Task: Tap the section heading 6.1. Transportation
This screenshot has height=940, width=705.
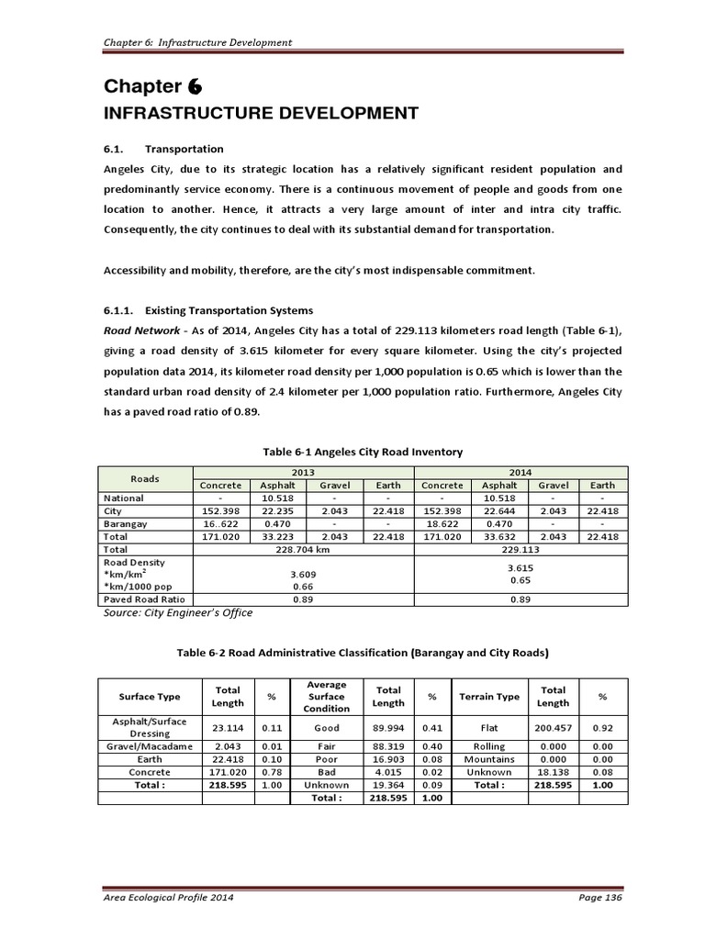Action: [x=162, y=149]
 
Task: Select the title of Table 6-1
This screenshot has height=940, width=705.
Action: [x=363, y=452]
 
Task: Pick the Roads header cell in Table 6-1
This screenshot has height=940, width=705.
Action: [x=144, y=478]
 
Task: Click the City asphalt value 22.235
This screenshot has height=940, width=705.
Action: [x=277, y=510]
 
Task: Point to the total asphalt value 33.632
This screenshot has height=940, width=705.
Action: [x=499, y=536]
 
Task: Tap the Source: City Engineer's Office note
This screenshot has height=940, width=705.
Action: [x=179, y=612]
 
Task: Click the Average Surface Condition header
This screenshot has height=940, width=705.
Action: [x=326, y=697]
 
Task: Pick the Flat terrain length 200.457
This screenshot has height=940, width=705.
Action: [x=553, y=727]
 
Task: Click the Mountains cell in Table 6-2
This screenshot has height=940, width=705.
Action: [x=489, y=759]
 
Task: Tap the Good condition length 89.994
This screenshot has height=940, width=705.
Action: [x=387, y=727]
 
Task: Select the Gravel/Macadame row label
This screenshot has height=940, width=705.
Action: [x=149, y=746]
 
